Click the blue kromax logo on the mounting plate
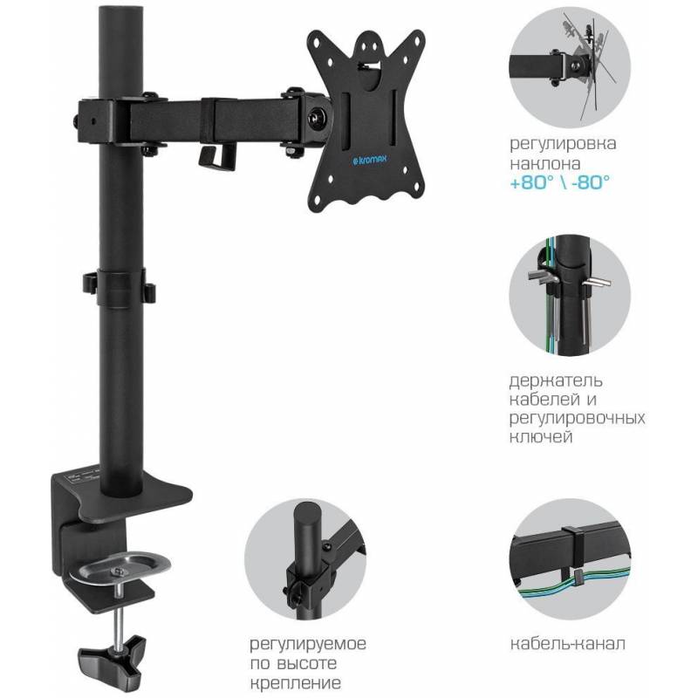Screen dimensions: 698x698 coord(369,160)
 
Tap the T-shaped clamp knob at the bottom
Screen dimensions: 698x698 coord(113,657)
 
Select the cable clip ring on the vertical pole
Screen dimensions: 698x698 coord(120,285)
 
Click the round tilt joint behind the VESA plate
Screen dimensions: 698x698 coord(317,120)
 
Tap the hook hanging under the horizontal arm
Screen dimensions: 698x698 coord(216,157)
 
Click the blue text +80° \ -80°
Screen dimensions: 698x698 coord(559,182)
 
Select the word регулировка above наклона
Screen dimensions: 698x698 coord(563,144)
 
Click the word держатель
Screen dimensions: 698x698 coord(556,380)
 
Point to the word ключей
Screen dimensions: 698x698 coord(541,437)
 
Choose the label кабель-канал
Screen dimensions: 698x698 coord(568,643)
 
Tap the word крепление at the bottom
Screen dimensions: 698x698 coord(296,682)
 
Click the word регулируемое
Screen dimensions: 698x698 coord(308,644)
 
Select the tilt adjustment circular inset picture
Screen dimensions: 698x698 coord(570,68)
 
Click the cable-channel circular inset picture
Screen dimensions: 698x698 coord(570,559)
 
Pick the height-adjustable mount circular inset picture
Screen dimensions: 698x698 coord(305,559)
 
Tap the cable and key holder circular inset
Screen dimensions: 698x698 coord(570,295)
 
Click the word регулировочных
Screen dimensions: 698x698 coord(578,419)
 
